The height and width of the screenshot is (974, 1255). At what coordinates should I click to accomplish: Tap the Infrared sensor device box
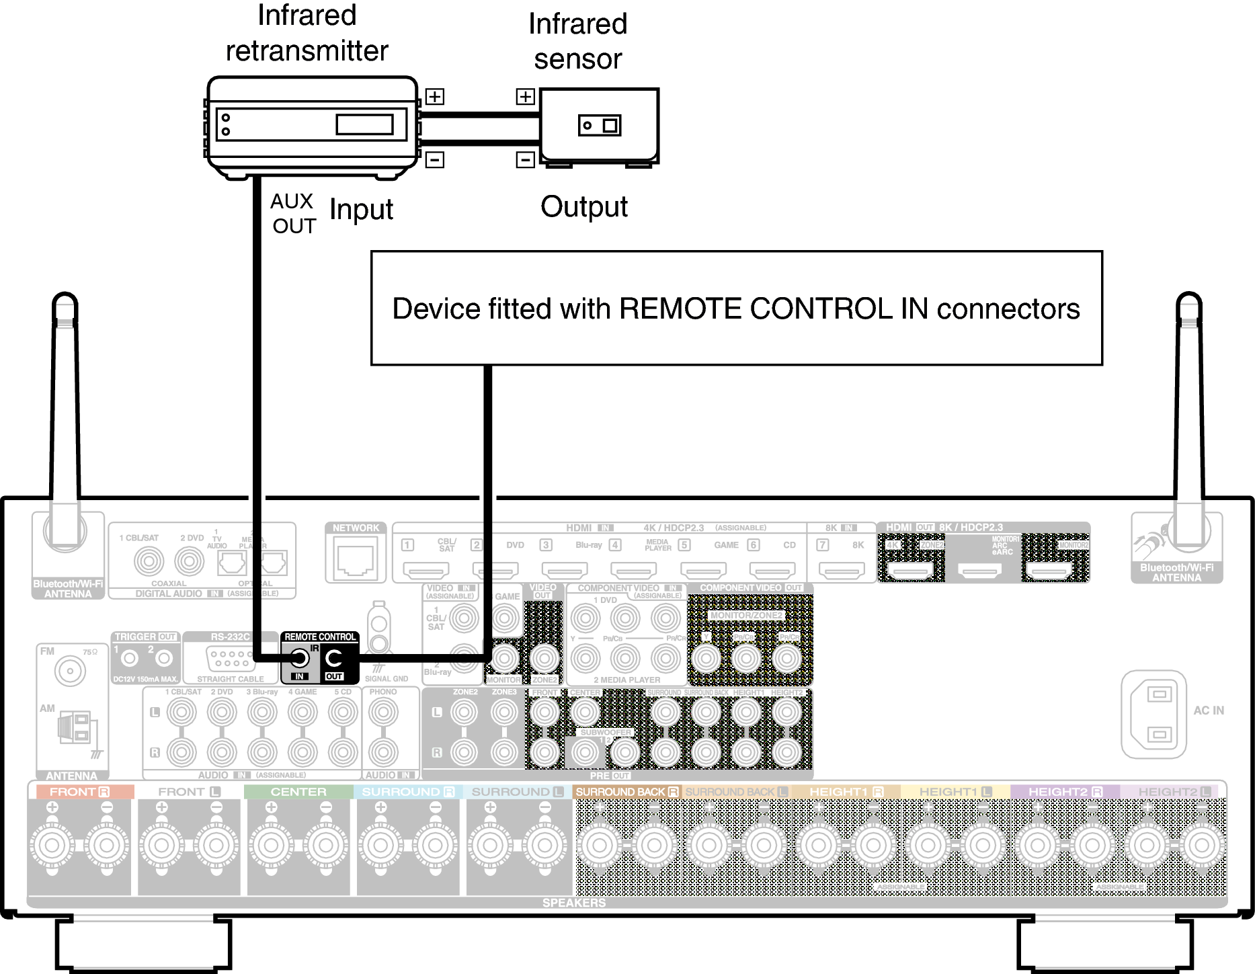[x=599, y=125]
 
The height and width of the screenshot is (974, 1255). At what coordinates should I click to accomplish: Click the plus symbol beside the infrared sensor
[x=525, y=97]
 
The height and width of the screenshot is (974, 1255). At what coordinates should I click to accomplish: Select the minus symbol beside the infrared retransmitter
[x=435, y=160]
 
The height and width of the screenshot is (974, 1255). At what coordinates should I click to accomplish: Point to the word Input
[x=361, y=210]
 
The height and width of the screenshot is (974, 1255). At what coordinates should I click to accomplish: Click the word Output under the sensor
[x=583, y=207]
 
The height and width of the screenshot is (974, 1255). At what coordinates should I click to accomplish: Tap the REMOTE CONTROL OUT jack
[x=334, y=658]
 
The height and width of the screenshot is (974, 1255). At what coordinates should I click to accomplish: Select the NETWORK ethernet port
[x=355, y=560]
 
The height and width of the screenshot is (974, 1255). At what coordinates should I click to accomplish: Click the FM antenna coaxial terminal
[x=70, y=671]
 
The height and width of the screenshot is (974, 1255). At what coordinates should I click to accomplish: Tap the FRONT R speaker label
[x=79, y=792]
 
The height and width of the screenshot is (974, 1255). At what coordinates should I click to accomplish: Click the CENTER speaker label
[x=298, y=792]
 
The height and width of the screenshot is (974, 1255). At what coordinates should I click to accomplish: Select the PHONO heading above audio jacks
[x=383, y=692]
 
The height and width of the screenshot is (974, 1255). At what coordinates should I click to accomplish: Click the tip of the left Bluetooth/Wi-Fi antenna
[x=65, y=299]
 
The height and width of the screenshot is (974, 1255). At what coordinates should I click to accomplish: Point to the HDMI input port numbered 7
[x=842, y=571]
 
